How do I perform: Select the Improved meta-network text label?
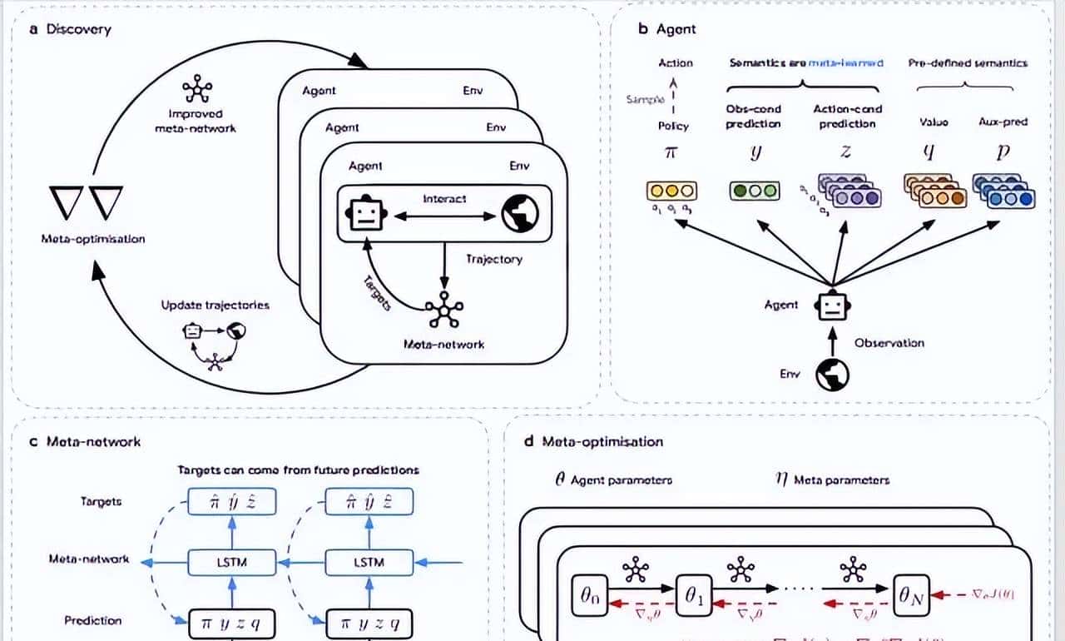(x=195, y=120)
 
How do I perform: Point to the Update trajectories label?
(x=215, y=306)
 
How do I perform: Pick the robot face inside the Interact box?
(x=364, y=216)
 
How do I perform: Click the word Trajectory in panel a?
(x=494, y=260)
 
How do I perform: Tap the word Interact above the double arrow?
(x=444, y=200)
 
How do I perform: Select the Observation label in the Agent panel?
(x=889, y=342)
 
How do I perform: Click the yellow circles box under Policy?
(x=671, y=191)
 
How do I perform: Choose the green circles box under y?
(x=754, y=191)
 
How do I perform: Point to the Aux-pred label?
(x=1003, y=122)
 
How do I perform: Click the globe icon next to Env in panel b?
(x=832, y=375)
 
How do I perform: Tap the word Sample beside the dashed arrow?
(x=645, y=100)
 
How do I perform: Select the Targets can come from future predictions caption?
(x=298, y=470)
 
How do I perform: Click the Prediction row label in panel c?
(x=92, y=620)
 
